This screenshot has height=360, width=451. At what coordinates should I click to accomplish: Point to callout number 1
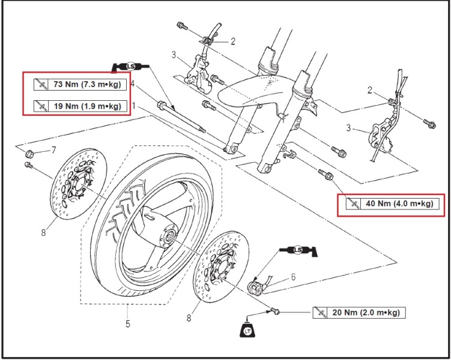pyautogui.click(x=133, y=105)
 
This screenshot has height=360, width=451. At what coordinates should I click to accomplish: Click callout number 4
pyautogui.click(x=133, y=83)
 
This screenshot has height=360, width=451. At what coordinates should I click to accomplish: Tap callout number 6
pyautogui.click(x=294, y=277)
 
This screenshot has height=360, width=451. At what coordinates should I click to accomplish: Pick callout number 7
pyautogui.click(x=53, y=149)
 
